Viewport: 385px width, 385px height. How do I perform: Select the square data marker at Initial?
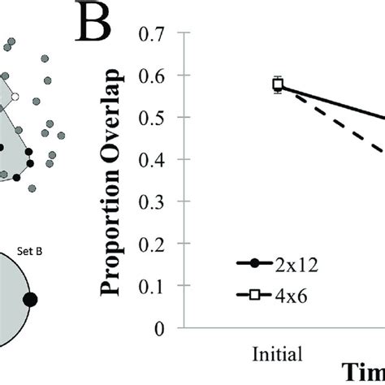pyautogui.click(x=278, y=84)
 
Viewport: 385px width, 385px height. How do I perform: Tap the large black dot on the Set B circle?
pyautogui.click(x=31, y=300)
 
